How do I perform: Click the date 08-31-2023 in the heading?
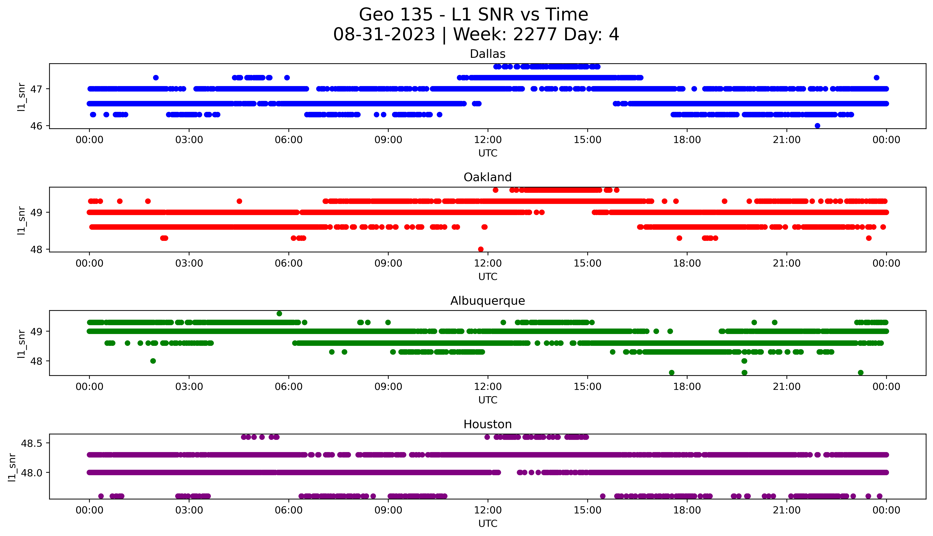click(384, 35)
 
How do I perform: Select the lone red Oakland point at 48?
click(481, 249)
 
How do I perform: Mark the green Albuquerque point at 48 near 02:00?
click(153, 361)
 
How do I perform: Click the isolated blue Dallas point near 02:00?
click(156, 78)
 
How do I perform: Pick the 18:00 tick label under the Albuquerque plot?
click(687, 387)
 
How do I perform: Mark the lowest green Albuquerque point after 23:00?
click(861, 373)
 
